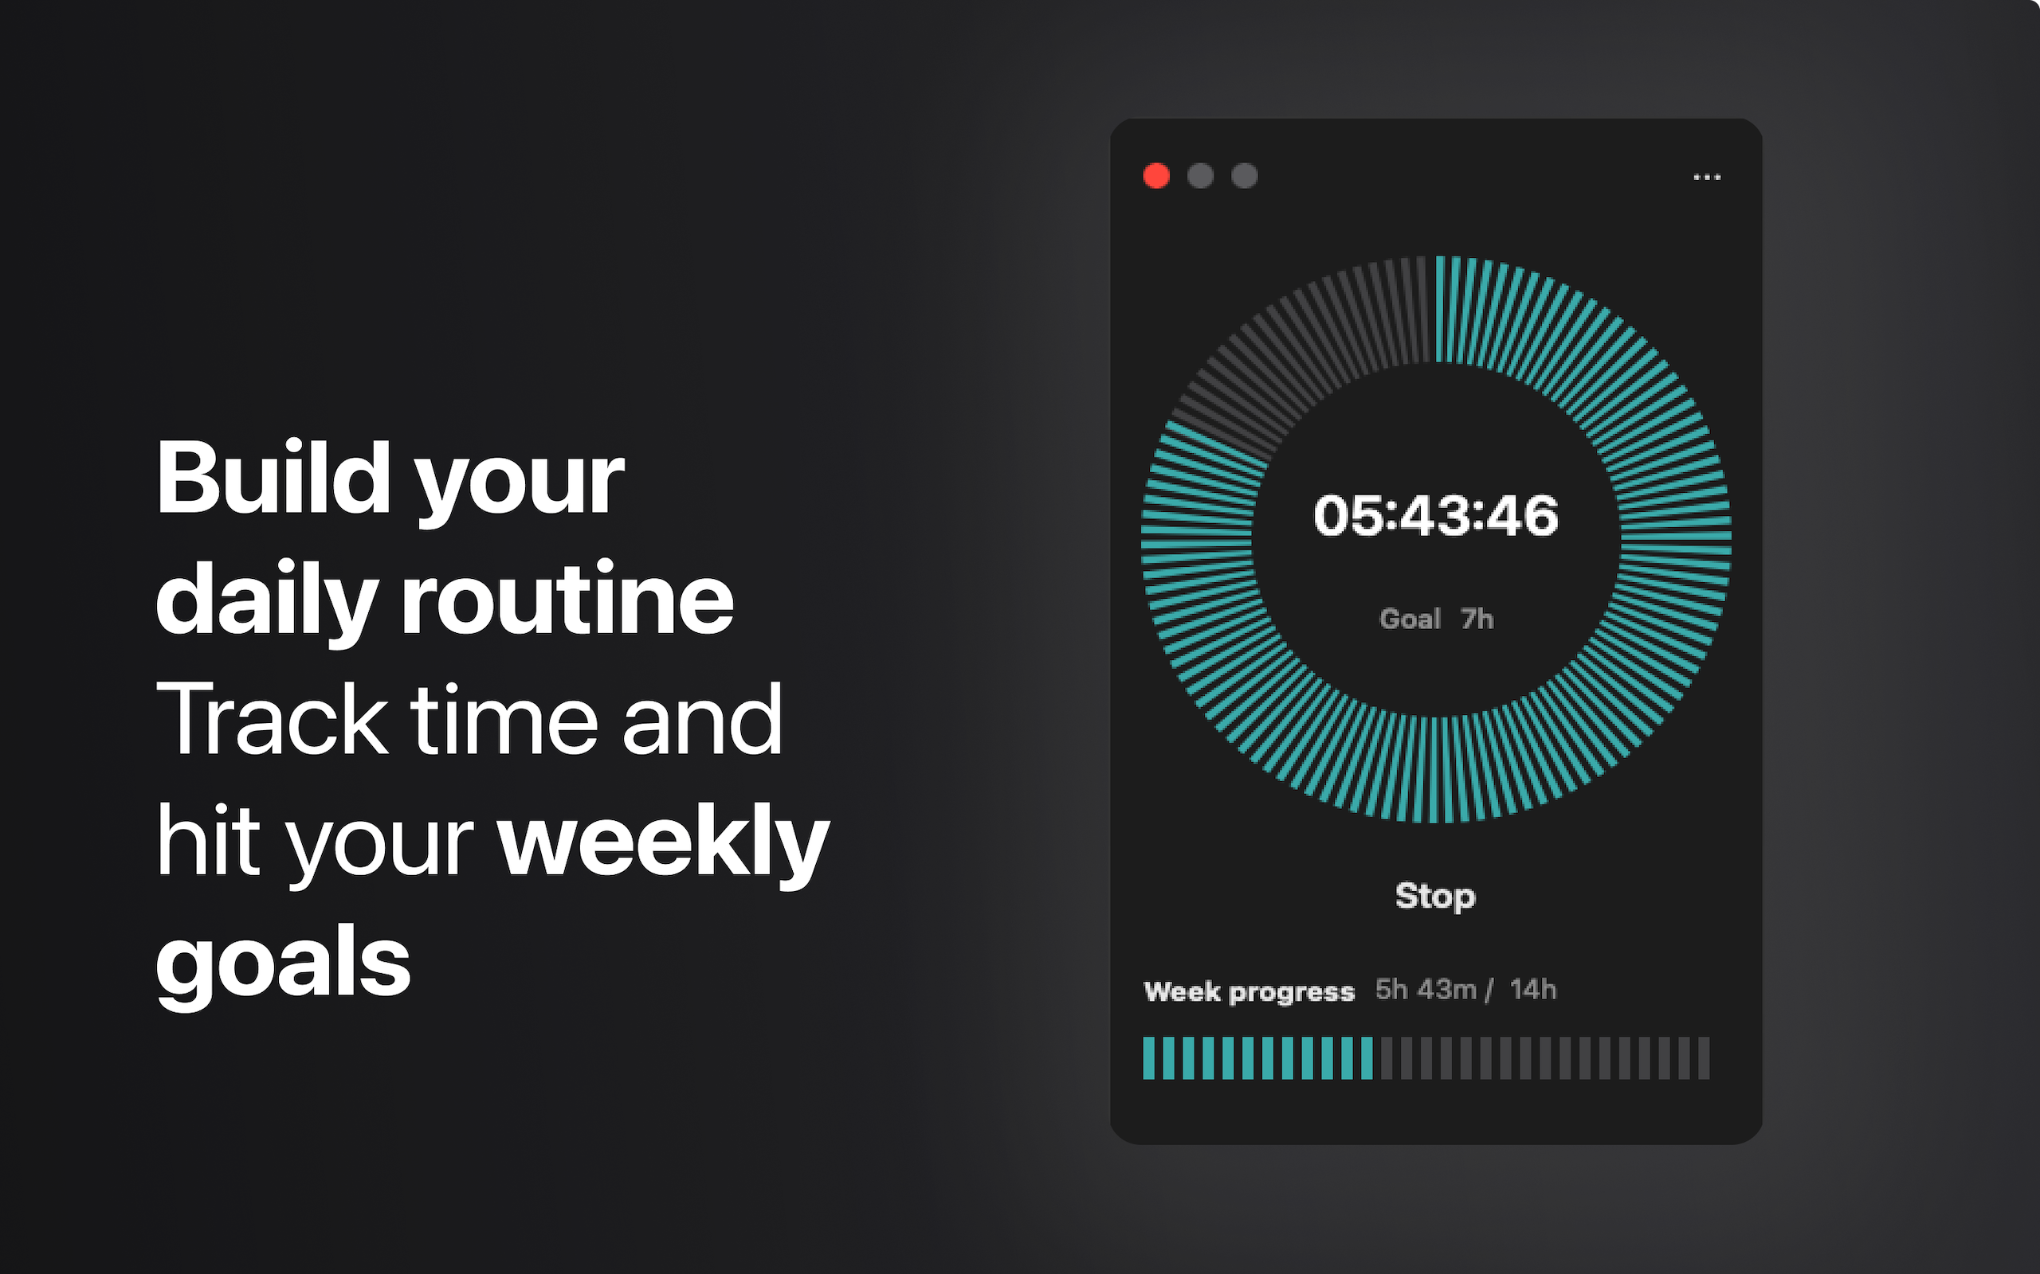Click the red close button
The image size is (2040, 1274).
coord(1156,176)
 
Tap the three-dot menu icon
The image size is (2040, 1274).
coord(1707,177)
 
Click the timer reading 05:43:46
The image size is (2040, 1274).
coord(1436,516)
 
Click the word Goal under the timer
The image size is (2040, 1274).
coord(1410,619)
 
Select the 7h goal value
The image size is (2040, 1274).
coord(1477,619)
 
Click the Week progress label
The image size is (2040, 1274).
coord(1249,992)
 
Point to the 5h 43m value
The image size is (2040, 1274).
coord(1426,989)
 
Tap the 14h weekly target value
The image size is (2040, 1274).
coord(1532,989)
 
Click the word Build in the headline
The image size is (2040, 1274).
coord(274,478)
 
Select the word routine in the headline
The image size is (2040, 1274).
coord(567,599)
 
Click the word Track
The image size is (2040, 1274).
coord(272,721)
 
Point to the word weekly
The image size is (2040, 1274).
coord(664,843)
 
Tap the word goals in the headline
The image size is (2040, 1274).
coord(283,965)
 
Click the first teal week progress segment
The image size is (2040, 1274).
coord(1148,1058)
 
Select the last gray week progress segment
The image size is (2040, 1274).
coord(1704,1058)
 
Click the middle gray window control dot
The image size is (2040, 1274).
coord(1200,176)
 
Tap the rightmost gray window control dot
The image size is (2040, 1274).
coord(1244,176)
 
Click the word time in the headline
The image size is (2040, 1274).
coord(504,721)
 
